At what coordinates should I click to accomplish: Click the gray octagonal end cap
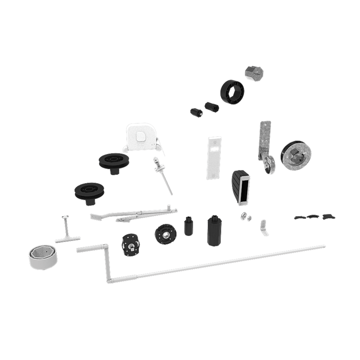click(x=254, y=73)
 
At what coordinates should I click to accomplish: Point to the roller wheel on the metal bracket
click(x=269, y=166)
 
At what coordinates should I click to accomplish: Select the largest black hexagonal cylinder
click(x=214, y=230)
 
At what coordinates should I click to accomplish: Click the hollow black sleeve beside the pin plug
click(x=212, y=106)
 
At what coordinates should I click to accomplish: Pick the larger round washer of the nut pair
click(x=243, y=216)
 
